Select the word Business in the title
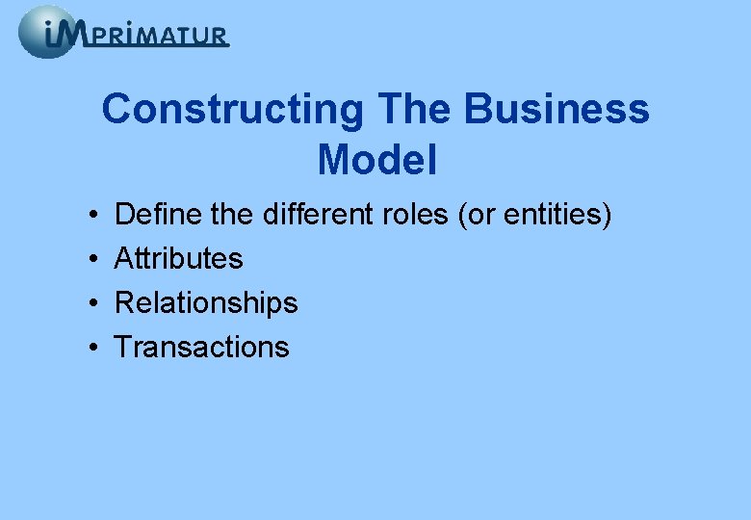tap(557, 110)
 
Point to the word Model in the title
tap(377, 160)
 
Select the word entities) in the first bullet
tap(558, 214)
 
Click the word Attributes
tap(179, 258)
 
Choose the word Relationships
tap(206, 302)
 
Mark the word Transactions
tap(201, 347)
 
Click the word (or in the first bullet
tap(479, 214)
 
